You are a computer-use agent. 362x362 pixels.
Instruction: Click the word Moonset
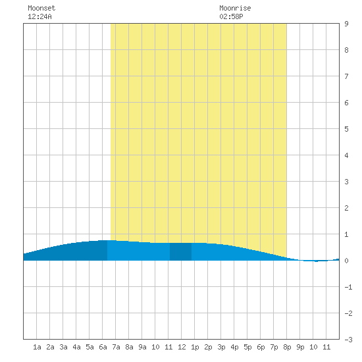(41, 8)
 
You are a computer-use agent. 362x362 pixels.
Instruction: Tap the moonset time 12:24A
(39, 16)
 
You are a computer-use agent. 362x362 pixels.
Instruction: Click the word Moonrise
(235, 8)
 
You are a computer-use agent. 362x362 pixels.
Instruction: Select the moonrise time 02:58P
(231, 16)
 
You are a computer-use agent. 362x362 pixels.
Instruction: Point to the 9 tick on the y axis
(346, 24)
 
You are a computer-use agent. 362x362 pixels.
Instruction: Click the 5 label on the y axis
(346, 129)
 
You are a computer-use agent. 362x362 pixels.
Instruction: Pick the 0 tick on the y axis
(346, 261)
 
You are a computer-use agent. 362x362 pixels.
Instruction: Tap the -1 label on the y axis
(348, 287)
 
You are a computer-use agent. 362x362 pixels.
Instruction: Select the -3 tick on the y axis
(348, 340)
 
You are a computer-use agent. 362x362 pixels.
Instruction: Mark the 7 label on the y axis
(346, 76)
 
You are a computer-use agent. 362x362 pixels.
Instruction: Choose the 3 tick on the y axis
(346, 182)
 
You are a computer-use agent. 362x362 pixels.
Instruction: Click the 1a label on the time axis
(37, 347)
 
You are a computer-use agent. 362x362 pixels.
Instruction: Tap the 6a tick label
(103, 347)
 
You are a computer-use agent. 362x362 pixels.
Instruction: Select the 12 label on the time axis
(182, 347)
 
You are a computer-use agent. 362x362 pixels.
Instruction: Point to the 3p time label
(221, 347)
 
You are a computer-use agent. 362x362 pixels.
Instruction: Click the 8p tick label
(287, 347)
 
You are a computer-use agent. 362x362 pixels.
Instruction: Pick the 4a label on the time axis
(76, 347)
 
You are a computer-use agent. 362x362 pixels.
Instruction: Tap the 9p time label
(300, 347)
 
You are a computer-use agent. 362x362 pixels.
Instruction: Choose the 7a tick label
(116, 347)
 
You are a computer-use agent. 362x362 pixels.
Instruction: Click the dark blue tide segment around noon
(180, 251)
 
